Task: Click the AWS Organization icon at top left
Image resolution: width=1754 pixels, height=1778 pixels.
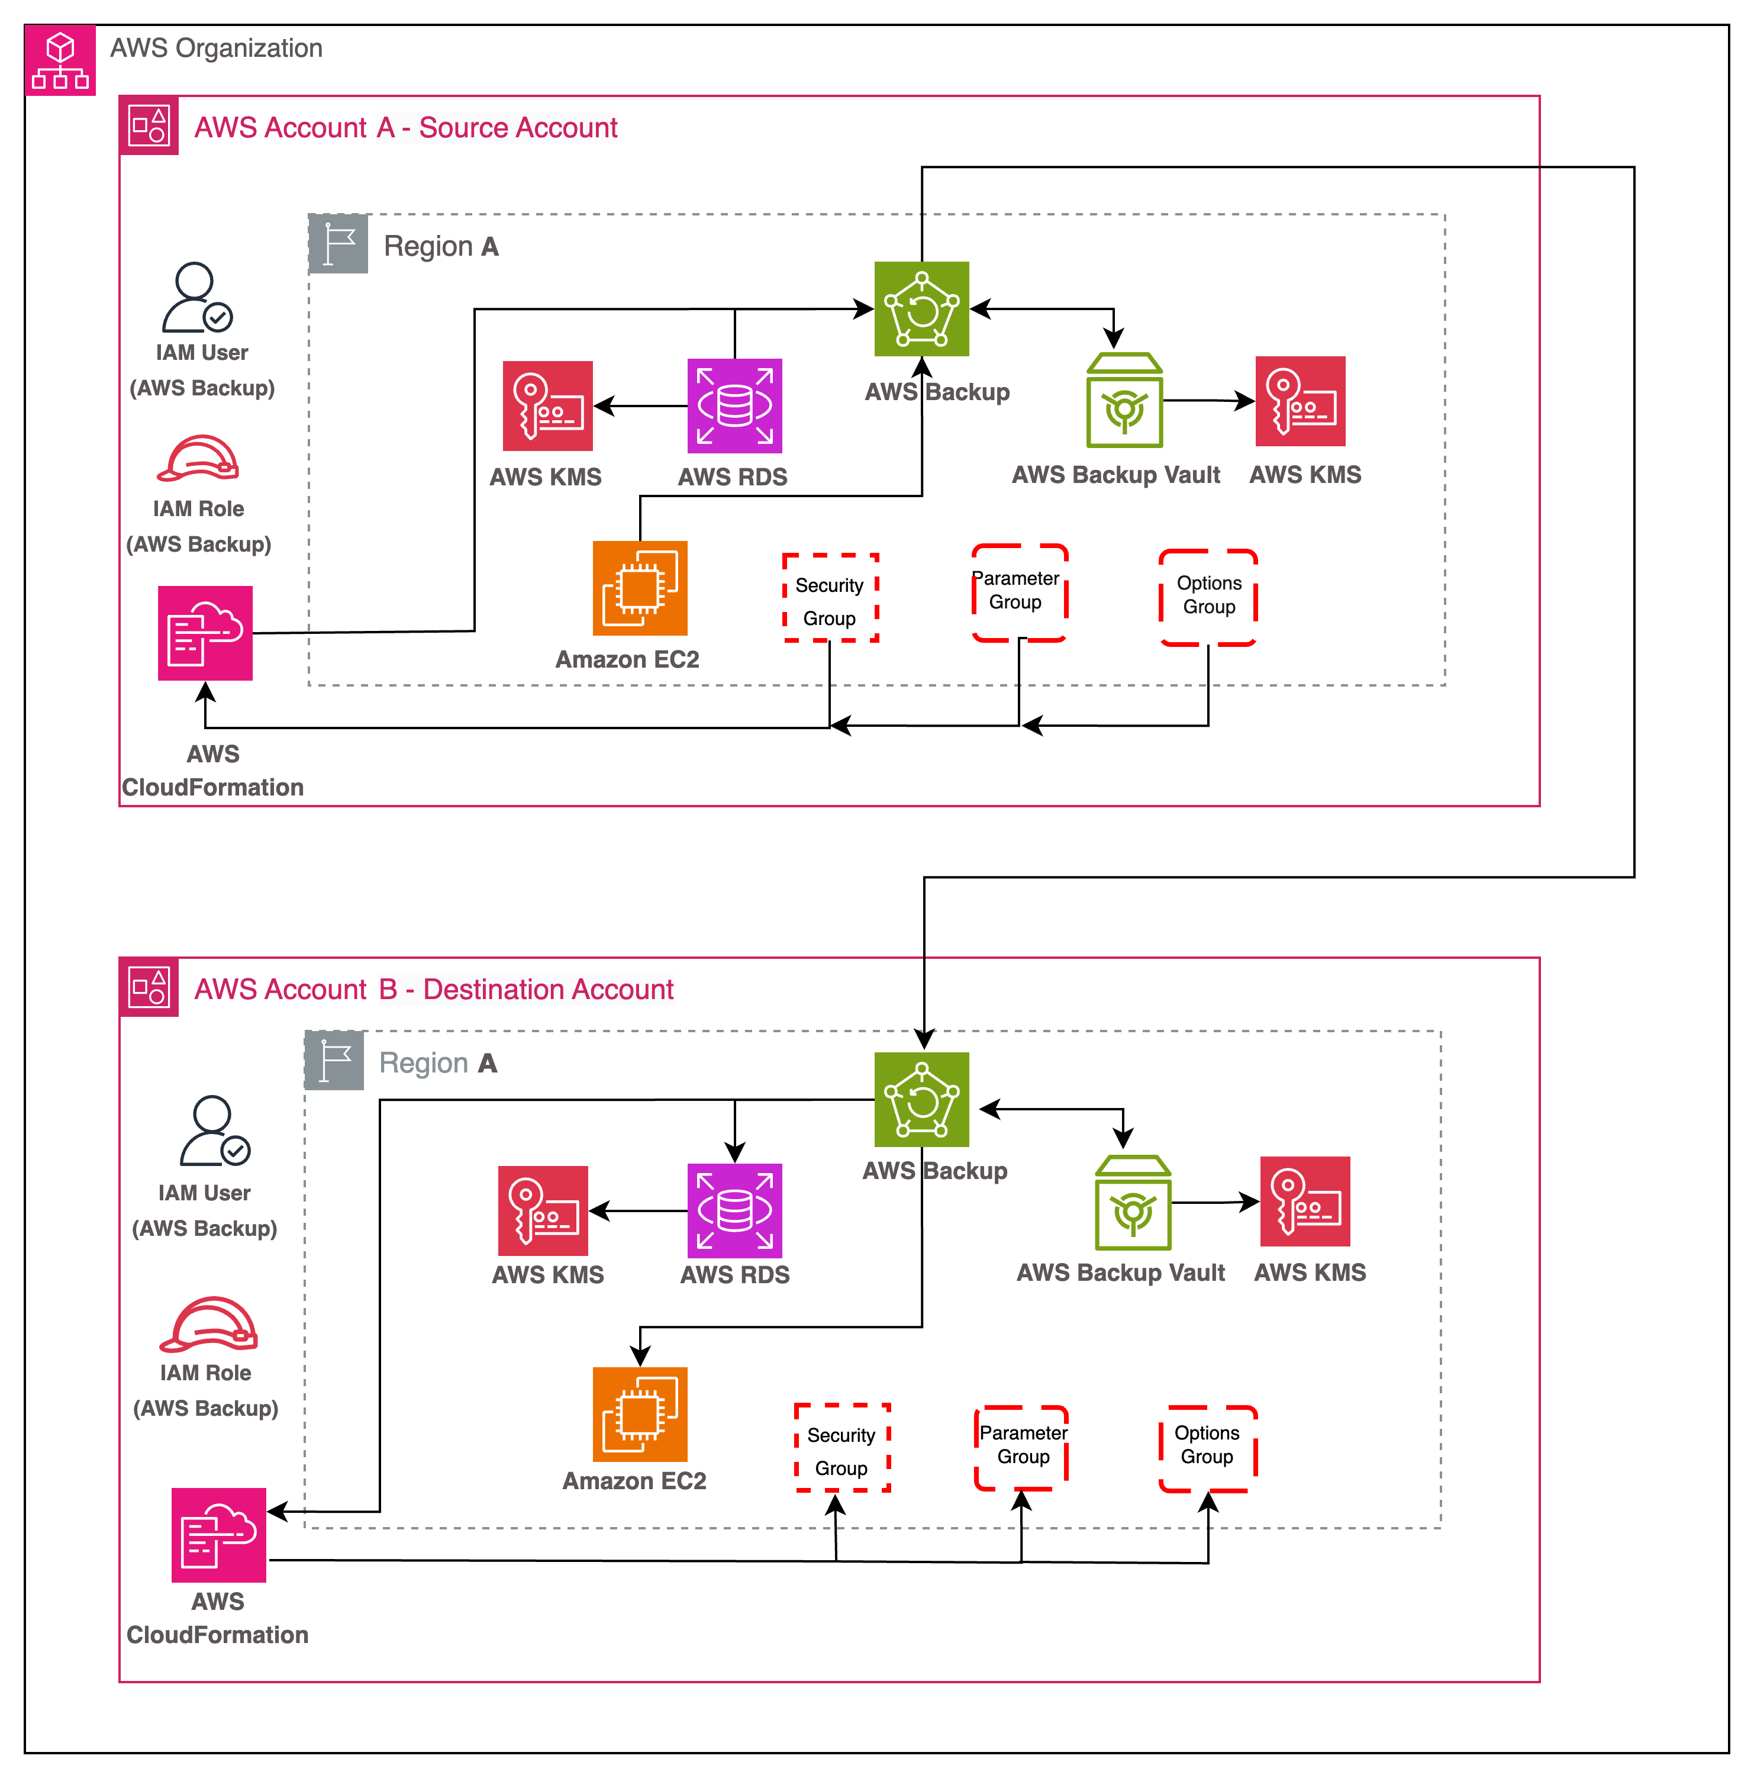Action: tap(60, 60)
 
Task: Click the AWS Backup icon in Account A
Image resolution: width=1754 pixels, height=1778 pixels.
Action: tap(921, 308)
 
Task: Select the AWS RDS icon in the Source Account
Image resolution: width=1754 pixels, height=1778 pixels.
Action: tap(734, 406)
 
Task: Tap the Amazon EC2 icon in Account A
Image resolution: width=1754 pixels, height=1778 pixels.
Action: tap(640, 588)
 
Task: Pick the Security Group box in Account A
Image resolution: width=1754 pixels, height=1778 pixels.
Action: tap(830, 598)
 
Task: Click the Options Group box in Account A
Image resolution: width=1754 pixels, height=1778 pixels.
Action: tap(1208, 597)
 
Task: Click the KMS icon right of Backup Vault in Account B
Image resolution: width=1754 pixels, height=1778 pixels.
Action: tap(1305, 1201)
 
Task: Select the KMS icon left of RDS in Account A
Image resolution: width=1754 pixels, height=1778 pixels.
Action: tap(547, 406)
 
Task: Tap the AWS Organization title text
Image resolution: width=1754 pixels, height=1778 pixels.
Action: tap(216, 48)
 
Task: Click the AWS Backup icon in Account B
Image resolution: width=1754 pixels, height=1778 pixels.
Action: tap(921, 1099)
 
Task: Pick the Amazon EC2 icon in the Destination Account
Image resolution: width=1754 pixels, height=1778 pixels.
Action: tap(640, 1415)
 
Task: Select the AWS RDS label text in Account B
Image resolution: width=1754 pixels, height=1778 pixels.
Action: tap(734, 1274)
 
